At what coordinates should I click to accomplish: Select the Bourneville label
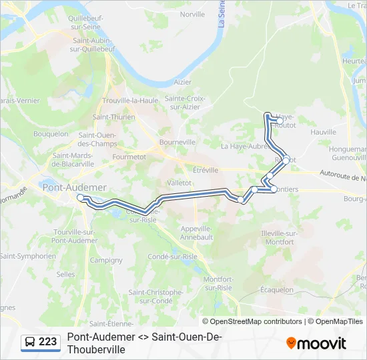click(177, 142)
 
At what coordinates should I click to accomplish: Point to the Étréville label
click(206, 170)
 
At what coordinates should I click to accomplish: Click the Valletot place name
click(179, 182)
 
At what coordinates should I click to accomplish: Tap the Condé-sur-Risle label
click(172, 256)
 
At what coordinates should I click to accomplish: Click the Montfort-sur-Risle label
click(218, 283)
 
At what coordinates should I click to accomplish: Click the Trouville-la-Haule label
click(130, 101)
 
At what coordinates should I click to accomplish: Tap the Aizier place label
click(182, 82)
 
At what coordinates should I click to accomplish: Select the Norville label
click(192, 14)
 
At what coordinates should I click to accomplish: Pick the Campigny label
click(105, 260)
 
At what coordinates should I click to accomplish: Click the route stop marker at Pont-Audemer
click(80, 197)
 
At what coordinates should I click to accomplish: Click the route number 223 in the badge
click(48, 342)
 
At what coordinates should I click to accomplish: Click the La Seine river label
click(221, 14)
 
